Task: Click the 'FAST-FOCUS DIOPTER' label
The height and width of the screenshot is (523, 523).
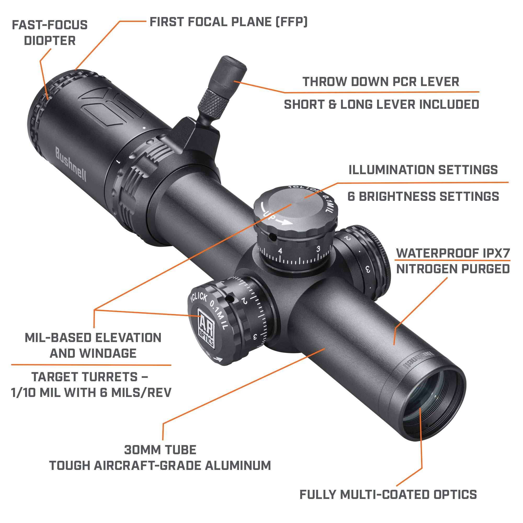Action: coord(50,33)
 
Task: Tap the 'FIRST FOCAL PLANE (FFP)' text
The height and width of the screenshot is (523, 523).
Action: coord(229,22)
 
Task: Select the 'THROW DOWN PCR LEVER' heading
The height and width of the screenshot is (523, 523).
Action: coord(380,82)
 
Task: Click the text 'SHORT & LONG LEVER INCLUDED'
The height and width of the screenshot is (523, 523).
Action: coord(382,105)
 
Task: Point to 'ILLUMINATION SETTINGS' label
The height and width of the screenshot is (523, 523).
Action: coord(423,170)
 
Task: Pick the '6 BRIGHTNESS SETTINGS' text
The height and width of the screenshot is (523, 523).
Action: coord(423,197)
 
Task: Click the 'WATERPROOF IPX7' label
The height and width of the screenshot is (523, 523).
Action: coord(453,253)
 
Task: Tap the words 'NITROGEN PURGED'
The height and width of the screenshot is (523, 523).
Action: coord(453,269)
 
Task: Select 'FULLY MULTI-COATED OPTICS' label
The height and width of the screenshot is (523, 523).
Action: coord(388,494)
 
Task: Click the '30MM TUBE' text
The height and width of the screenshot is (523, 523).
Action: coord(160,450)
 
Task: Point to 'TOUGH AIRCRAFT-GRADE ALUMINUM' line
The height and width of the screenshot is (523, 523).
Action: coord(160,466)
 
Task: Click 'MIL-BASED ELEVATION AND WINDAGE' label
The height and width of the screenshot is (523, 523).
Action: coord(93,345)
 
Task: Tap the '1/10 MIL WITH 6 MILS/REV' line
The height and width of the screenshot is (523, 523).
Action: coord(91,393)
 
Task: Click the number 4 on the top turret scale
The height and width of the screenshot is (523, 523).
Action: coord(280,251)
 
